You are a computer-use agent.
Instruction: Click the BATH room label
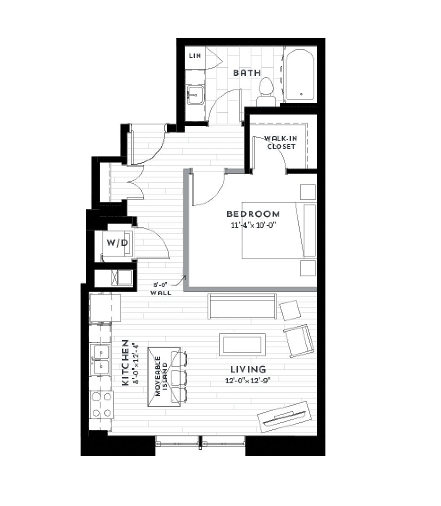247,73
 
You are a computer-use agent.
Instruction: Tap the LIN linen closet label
195,56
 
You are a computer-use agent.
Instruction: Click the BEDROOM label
253,214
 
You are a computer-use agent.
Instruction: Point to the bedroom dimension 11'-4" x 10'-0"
254,225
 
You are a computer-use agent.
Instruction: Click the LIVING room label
248,369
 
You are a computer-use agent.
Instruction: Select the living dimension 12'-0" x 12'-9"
248,381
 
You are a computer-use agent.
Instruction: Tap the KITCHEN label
125,363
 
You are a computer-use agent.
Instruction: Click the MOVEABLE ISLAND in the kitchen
164,377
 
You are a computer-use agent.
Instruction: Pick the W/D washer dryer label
117,243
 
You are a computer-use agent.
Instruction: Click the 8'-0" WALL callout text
161,289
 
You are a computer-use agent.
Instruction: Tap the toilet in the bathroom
266,92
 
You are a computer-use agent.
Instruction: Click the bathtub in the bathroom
300,75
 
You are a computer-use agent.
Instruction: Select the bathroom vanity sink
195,94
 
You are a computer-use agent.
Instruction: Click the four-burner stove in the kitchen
101,405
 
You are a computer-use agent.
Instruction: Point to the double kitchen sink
100,360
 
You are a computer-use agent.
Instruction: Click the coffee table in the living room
243,345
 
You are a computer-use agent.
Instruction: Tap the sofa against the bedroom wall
242,306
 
